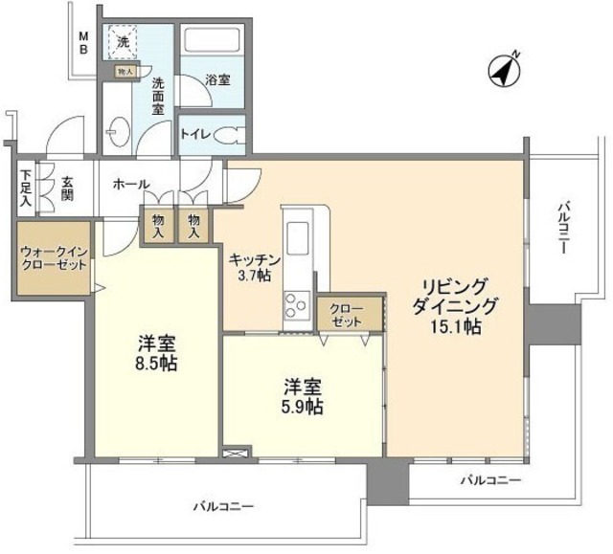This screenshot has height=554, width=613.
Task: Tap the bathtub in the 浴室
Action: [212, 43]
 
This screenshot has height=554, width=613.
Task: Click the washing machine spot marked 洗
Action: [123, 41]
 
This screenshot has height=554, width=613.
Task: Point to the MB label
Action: [83, 43]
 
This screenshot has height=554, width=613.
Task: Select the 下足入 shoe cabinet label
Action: [25, 188]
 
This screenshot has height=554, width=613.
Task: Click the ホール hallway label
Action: [129, 183]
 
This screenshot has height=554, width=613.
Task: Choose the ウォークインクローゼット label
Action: [53, 258]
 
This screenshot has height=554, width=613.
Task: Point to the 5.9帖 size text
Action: [302, 406]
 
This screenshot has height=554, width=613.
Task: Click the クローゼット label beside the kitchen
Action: [346, 315]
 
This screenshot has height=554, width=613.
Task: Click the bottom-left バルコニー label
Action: [223, 504]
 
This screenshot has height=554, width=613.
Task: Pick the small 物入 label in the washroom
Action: [125, 71]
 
